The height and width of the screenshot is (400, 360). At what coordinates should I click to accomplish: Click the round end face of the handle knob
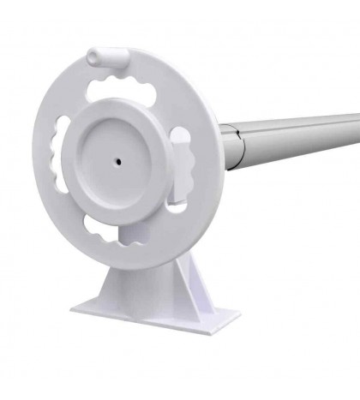[x=93, y=57]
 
